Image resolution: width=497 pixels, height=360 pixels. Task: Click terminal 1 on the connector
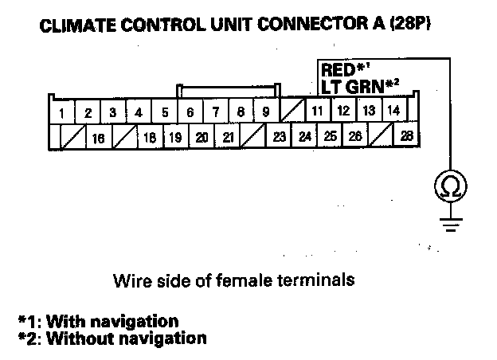click(62, 113)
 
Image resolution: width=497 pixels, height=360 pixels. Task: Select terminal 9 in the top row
click(265, 112)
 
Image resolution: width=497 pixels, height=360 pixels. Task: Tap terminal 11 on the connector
click(316, 112)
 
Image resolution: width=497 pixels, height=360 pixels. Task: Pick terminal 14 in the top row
click(393, 111)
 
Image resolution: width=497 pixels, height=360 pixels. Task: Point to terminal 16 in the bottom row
click(99, 137)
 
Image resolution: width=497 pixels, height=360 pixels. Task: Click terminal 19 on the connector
click(175, 137)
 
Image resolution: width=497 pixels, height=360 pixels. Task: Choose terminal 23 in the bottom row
click(279, 136)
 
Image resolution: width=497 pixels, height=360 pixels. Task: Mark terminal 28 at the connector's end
click(407, 135)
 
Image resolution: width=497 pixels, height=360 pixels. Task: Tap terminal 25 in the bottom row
click(330, 136)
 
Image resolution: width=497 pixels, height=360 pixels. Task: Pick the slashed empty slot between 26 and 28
click(382, 136)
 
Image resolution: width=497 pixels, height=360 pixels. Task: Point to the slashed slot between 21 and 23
click(253, 137)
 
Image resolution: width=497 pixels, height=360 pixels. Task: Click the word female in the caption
click(264, 281)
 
